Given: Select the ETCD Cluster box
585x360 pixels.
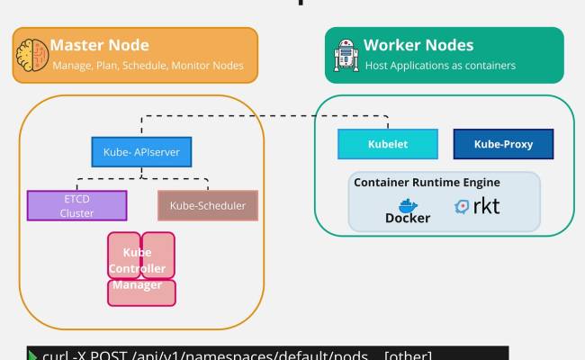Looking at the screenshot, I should (76, 206).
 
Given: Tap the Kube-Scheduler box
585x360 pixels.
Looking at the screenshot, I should (208, 206).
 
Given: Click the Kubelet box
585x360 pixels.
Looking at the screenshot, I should (388, 144).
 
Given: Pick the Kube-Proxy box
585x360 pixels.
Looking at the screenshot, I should (503, 144).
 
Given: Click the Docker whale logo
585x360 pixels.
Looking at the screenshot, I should (408, 204).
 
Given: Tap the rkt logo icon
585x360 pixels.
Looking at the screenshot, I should (463, 206).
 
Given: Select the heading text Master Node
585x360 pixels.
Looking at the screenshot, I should (99, 45).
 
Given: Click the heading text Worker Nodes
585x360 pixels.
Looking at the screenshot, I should (418, 45).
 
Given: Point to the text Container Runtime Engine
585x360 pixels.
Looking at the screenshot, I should (427, 183).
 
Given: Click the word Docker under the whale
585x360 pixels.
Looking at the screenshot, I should (408, 219).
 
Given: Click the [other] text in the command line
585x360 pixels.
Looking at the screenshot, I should (408, 354).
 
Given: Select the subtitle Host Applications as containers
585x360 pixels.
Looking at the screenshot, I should (439, 66).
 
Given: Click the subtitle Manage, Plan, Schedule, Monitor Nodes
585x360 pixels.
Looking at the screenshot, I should (148, 66).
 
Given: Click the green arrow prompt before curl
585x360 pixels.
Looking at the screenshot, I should (32, 354).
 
